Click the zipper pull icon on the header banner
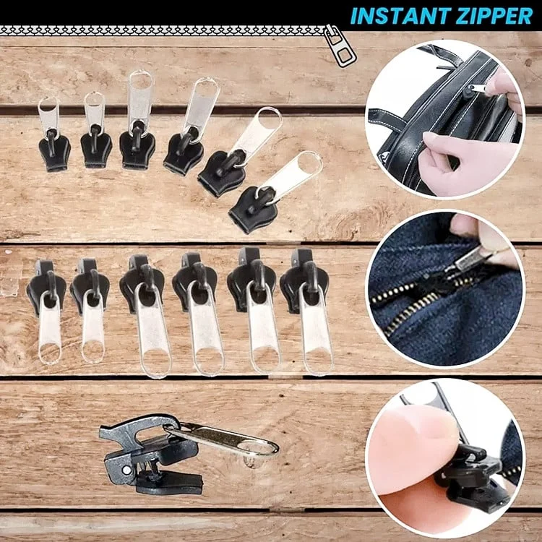[340, 45]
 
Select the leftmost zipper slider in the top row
[53, 140]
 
